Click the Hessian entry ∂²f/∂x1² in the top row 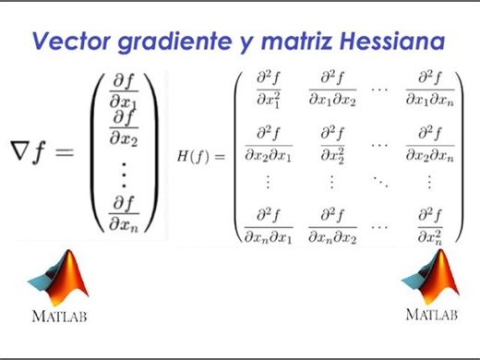268,88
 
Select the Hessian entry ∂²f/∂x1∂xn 429,88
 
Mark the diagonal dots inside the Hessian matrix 379,183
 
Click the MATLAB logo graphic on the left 61,280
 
